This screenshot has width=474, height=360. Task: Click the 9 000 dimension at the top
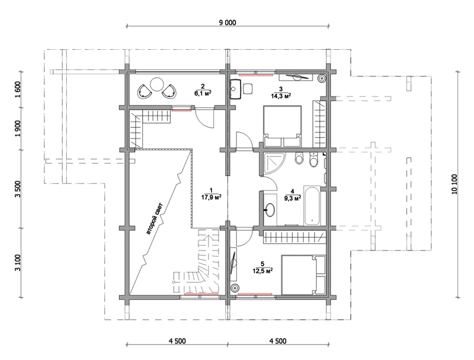228,22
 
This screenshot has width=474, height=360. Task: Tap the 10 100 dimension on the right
456,184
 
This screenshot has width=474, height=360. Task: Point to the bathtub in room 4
312,205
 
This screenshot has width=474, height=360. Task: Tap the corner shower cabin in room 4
273,163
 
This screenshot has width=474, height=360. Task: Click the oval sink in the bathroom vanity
270,209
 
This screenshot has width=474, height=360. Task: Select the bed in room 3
283,126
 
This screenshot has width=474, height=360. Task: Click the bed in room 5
303,275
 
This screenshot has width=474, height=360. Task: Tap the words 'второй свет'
155,218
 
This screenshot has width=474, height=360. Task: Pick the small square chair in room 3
248,89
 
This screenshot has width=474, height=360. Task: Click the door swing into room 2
205,118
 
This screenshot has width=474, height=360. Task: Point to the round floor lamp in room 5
234,288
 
